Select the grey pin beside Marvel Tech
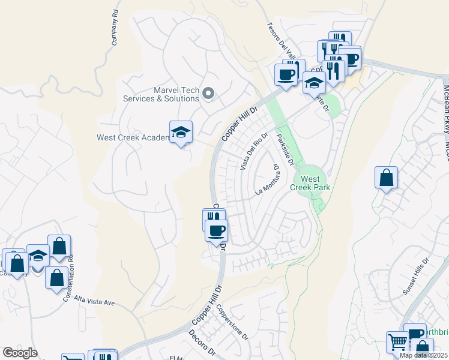click(x=208, y=92)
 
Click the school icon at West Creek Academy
click(x=181, y=133)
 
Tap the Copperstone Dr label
click(x=232, y=322)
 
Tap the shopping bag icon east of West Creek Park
click(x=387, y=178)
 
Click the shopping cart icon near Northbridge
click(x=397, y=343)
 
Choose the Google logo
click(x=20, y=353)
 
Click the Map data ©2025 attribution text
click(x=423, y=355)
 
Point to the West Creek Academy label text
click(x=132, y=137)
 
